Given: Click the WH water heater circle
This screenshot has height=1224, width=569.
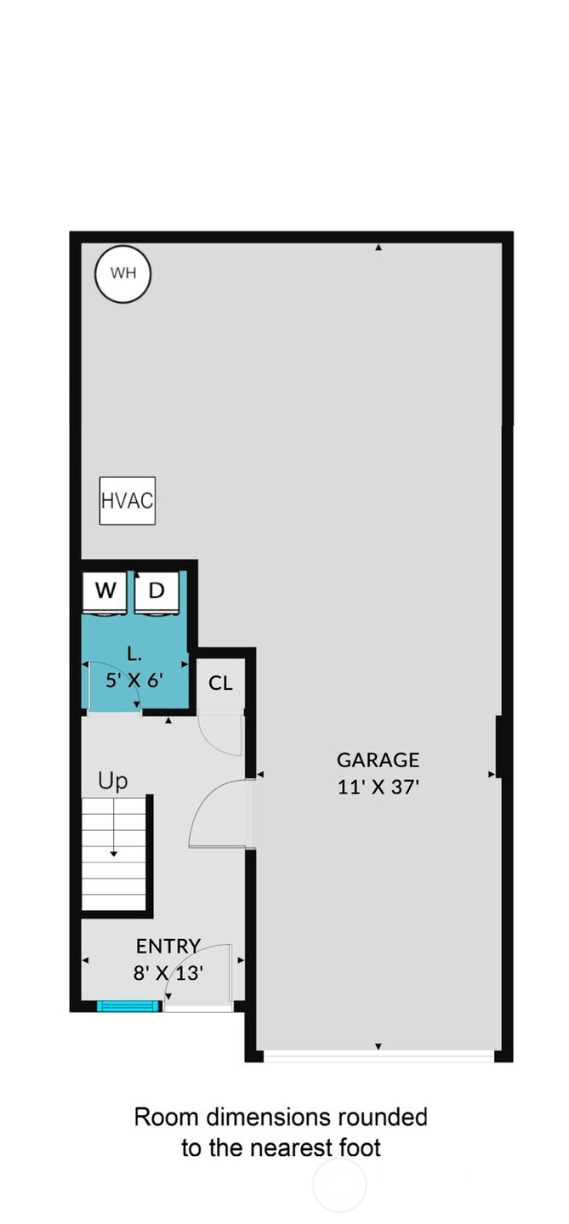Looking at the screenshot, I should point(122,273).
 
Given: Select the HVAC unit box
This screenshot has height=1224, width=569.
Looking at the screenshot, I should point(127,500).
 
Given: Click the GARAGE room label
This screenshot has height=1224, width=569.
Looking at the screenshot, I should point(378,760).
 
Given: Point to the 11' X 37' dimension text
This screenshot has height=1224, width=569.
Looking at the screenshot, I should point(378,787).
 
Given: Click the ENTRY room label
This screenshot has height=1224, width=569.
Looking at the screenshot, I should point(168,946).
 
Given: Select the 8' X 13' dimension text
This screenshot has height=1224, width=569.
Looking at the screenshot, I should point(168,972).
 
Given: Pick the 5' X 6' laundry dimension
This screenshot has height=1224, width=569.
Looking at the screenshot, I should point(134,680).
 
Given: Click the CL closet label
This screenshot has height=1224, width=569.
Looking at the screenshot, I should point(220,683).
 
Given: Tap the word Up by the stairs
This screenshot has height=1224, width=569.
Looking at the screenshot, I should point(112,781).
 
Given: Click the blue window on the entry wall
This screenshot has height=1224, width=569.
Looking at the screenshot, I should point(128,1006).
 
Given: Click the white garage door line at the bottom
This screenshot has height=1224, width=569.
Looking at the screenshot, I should point(378,1056).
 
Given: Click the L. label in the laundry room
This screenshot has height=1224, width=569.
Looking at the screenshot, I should point(134,654).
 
